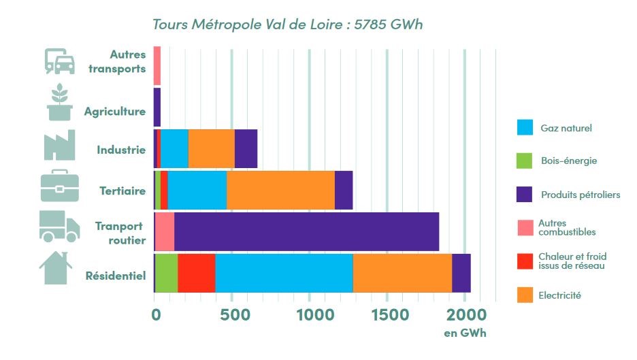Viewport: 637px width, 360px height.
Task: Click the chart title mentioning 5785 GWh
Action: [287, 24]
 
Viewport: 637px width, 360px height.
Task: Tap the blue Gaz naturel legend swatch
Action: [525, 128]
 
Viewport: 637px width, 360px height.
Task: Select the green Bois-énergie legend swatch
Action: [525, 161]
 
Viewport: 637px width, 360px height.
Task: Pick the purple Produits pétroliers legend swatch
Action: [525, 195]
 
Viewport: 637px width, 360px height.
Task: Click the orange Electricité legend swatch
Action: [525, 295]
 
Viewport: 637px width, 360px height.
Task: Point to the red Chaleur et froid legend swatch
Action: [525, 261]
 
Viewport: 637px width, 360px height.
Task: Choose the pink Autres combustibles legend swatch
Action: [525, 228]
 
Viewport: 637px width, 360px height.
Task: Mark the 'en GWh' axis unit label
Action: [465, 333]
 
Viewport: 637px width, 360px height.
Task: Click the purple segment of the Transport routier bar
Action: [306, 231]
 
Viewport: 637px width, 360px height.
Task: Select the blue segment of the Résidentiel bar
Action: [284, 273]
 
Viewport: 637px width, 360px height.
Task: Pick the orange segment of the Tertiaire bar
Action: [280, 190]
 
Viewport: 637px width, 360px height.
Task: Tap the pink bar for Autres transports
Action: [157, 65]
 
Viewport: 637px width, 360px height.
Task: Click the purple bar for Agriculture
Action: [157, 108]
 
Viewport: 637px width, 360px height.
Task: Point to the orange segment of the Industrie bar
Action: [211, 148]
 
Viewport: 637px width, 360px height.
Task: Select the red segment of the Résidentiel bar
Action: [196, 273]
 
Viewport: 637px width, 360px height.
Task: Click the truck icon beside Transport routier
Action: [59, 226]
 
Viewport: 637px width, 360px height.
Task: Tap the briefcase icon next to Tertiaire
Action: [59, 185]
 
